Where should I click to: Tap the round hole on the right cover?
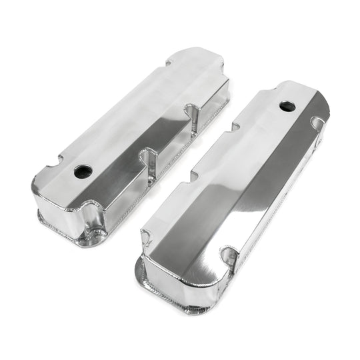[x=287, y=105]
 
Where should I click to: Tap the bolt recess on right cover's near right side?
[x=229, y=256]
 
